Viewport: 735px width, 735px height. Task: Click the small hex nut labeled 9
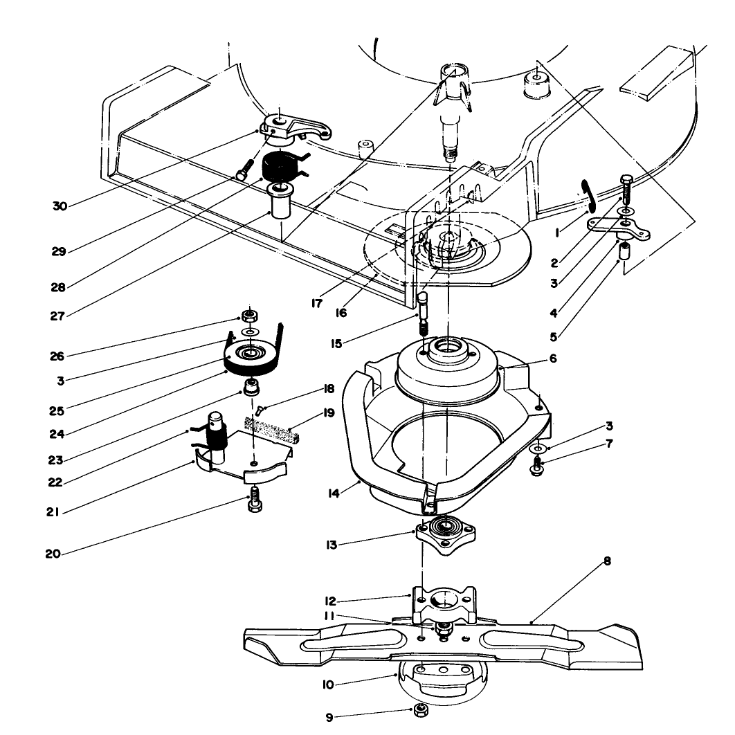[419, 711]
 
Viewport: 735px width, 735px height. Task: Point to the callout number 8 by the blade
[607, 562]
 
